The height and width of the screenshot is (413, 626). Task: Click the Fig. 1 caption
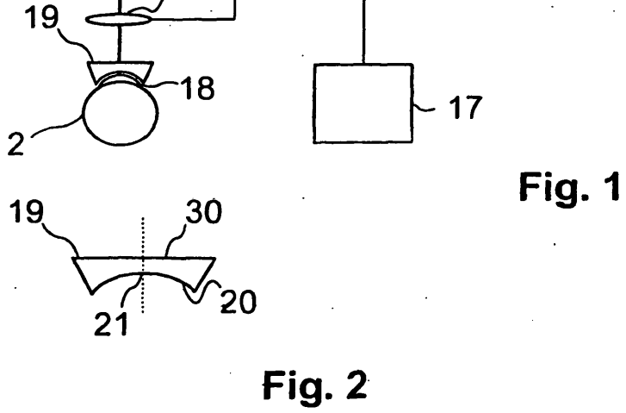(x=570, y=187)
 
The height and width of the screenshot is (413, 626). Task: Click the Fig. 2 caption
(x=314, y=385)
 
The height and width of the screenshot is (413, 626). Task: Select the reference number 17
(x=466, y=107)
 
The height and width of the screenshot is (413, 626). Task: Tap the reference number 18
(x=198, y=88)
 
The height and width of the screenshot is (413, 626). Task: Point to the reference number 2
(x=15, y=144)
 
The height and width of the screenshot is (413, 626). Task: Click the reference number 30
(x=203, y=211)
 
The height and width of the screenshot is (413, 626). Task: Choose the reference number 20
(x=239, y=302)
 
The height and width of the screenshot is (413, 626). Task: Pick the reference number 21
(x=111, y=323)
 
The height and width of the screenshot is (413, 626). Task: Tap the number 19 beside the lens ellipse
(x=41, y=16)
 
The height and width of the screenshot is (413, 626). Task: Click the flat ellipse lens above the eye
(x=119, y=19)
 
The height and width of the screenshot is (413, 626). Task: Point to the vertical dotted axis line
(x=143, y=265)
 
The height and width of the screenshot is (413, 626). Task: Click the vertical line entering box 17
(x=363, y=32)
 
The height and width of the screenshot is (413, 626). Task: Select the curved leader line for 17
(x=424, y=108)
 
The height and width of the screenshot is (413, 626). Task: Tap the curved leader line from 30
(x=176, y=240)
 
